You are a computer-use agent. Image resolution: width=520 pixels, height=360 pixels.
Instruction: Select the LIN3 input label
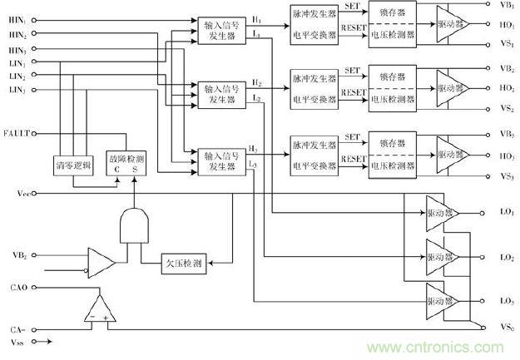17,89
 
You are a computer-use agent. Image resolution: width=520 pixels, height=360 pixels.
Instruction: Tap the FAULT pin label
16,133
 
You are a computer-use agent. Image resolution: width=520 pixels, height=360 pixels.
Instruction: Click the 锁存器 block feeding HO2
390,77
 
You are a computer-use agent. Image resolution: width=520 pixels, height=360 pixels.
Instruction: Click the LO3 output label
507,300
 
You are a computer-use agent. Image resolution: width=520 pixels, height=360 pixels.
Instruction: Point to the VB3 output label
507,133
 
